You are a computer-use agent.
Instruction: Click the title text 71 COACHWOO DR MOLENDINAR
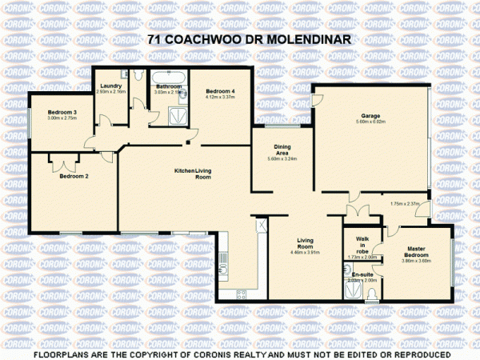coord(240,38)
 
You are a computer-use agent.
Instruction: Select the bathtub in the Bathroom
coord(170,77)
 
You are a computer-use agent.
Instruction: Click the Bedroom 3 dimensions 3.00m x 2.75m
coord(61,118)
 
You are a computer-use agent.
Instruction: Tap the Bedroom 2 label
coord(74,176)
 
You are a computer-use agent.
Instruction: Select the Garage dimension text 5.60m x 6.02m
coord(370,122)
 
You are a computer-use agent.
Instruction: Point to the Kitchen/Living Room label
coord(193,174)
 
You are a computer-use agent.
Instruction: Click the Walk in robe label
coord(362,246)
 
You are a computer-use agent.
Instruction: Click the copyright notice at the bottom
coord(240,353)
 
